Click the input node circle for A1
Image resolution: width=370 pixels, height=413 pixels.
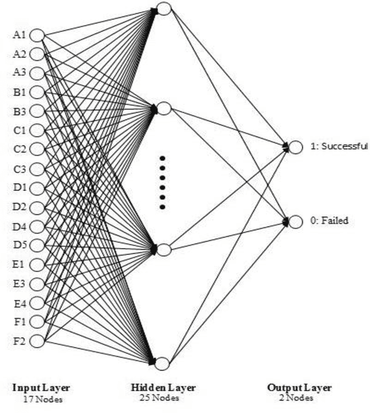click(x=37, y=35)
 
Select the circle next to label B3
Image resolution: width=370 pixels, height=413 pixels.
click(x=37, y=111)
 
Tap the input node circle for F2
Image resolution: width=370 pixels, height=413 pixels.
click(x=37, y=341)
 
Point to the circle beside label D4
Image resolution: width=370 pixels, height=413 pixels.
click(x=37, y=226)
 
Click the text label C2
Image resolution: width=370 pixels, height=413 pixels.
click(x=20, y=149)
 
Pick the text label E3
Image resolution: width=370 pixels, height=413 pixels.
click(x=20, y=284)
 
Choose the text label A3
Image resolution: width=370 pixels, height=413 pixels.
click(x=20, y=73)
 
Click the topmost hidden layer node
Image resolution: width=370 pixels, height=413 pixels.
click(x=164, y=9)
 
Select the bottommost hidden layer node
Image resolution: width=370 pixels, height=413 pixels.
click(x=162, y=363)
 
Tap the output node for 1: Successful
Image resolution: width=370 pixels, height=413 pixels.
click(x=295, y=147)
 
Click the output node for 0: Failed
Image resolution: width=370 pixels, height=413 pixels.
click(x=295, y=221)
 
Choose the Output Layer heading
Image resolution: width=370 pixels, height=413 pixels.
click(x=299, y=388)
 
